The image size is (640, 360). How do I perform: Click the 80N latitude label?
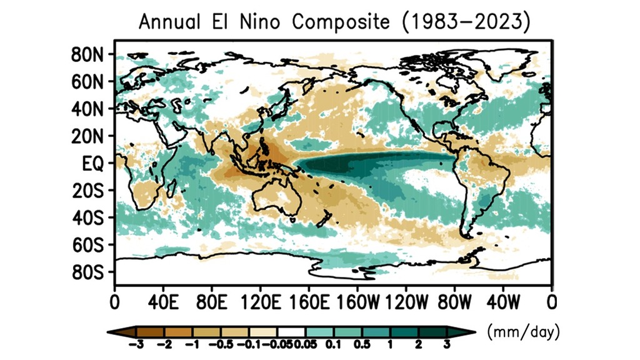tap(87, 55)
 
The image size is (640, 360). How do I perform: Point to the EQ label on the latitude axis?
tap(92, 164)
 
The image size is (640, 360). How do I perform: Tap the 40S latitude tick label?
tap(87, 218)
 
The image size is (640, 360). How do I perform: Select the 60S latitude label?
tap(87, 245)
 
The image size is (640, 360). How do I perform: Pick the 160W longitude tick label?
tap(358, 302)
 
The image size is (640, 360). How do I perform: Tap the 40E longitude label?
tap(163, 302)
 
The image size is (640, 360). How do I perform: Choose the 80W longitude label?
tap(455, 302)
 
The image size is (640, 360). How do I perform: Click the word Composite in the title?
tap(341, 22)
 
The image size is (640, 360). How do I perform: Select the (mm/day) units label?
tap(523, 332)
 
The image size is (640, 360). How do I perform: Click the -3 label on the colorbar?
tap(136, 345)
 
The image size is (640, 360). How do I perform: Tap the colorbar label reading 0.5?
tap(362, 345)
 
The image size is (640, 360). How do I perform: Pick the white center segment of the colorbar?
tap(291, 332)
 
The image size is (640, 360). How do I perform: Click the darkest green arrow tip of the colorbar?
tap(461, 332)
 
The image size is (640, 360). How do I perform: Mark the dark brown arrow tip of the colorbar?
tap(122, 332)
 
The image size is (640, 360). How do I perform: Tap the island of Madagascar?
tap(172, 189)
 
